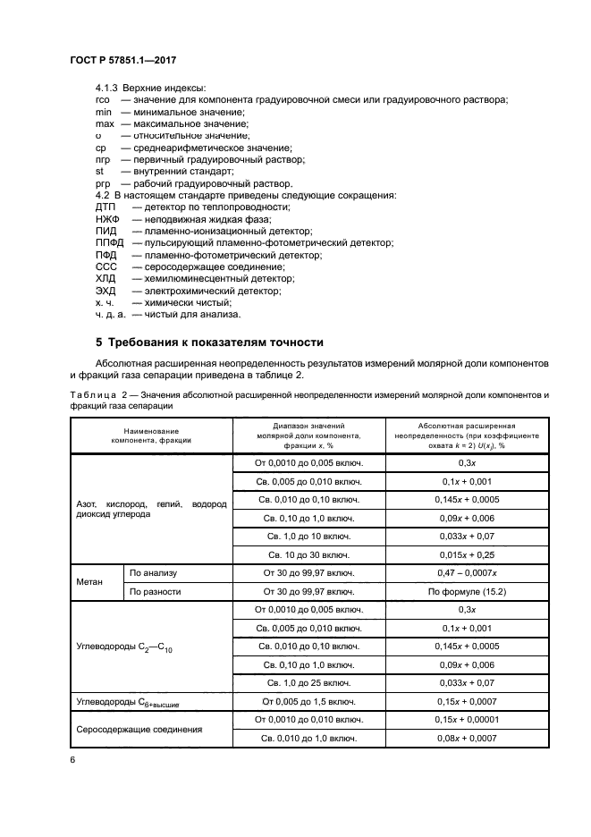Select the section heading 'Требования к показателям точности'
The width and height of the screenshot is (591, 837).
(209, 343)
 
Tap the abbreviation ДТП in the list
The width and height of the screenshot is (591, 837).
(105, 207)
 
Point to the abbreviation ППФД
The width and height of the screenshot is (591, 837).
(108, 242)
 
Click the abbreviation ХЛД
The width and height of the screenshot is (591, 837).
(106, 279)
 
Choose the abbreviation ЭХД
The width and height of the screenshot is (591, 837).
(106, 292)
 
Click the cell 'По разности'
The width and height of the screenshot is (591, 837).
(156, 592)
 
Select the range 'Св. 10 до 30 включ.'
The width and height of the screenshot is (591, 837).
(308, 554)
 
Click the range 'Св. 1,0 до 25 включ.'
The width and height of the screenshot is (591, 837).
(308, 683)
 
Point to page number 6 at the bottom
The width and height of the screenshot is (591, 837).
(72, 758)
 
